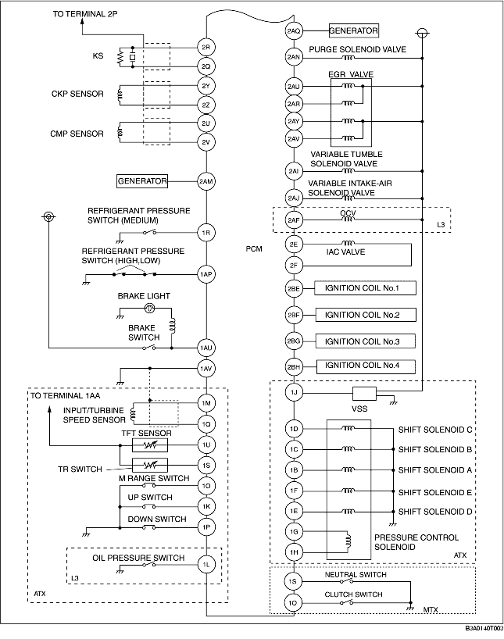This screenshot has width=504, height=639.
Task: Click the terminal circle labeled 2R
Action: (x=206, y=48)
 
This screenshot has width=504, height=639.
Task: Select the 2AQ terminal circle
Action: (x=294, y=31)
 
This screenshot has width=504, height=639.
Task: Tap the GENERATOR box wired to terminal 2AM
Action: (x=142, y=181)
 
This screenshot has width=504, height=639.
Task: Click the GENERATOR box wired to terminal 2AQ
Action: (x=353, y=30)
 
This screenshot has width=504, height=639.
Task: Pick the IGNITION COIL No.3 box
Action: (x=366, y=341)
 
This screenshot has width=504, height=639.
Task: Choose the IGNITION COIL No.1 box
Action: (x=366, y=288)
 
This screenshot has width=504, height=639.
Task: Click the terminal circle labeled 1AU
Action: (x=206, y=348)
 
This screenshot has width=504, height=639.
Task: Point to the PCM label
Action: (x=254, y=248)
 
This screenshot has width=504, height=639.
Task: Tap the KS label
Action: (x=98, y=55)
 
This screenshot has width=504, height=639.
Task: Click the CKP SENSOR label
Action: (x=77, y=94)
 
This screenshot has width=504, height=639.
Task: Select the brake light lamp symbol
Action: (x=150, y=309)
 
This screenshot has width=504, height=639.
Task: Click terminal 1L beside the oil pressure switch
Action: (x=206, y=565)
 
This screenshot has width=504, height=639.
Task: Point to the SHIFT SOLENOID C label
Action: (x=435, y=430)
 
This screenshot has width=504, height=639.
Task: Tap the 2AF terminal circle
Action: (x=294, y=220)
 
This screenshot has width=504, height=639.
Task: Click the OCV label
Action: (x=348, y=213)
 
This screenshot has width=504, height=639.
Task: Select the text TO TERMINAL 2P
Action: (x=85, y=14)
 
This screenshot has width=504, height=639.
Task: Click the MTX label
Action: (x=431, y=609)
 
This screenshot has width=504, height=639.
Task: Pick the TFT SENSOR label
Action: (x=146, y=434)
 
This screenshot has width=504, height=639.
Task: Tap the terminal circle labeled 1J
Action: (x=294, y=393)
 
